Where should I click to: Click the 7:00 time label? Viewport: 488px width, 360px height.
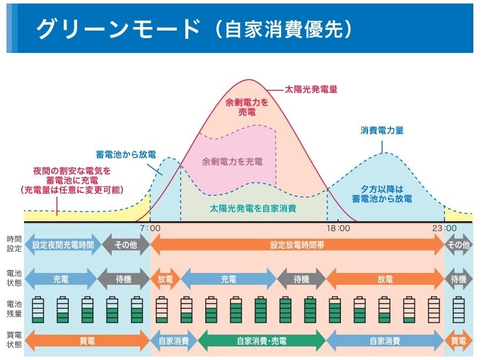pyautogui.click(x=150, y=228)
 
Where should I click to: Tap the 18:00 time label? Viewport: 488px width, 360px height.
pyautogui.click(x=338, y=228)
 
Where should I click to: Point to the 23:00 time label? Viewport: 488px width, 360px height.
pyautogui.click(x=444, y=228)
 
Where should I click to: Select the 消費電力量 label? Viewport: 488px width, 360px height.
pyautogui.click(x=382, y=131)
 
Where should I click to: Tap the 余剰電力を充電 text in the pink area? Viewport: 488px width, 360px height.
pyautogui.click(x=232, y=161)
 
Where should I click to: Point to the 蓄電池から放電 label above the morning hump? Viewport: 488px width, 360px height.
pyautogui.click(x=126, y=154)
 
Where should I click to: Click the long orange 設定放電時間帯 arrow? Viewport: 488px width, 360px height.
pyautogui.click(x=297, y=245)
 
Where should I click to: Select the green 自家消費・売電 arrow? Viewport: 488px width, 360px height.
pyautogui.click(x=261, y=341)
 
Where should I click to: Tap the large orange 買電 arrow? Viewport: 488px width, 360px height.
pyautogui.click(x=87, y=341)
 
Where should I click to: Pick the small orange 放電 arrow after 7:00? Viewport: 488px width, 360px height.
pyautogui.click(x=165, y=279)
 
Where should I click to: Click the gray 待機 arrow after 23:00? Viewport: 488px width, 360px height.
pyautogui.click(x=459, y=279)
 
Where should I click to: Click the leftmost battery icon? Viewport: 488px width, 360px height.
pyautogui.click(x=38, y=309)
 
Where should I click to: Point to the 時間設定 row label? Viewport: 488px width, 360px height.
pyautogui.click(x=14, y=244)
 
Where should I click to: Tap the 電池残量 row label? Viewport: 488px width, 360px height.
pyautogui.click(x=14, y=309)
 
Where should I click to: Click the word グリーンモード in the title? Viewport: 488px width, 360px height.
pyautogui.click(x=117, y=28)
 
